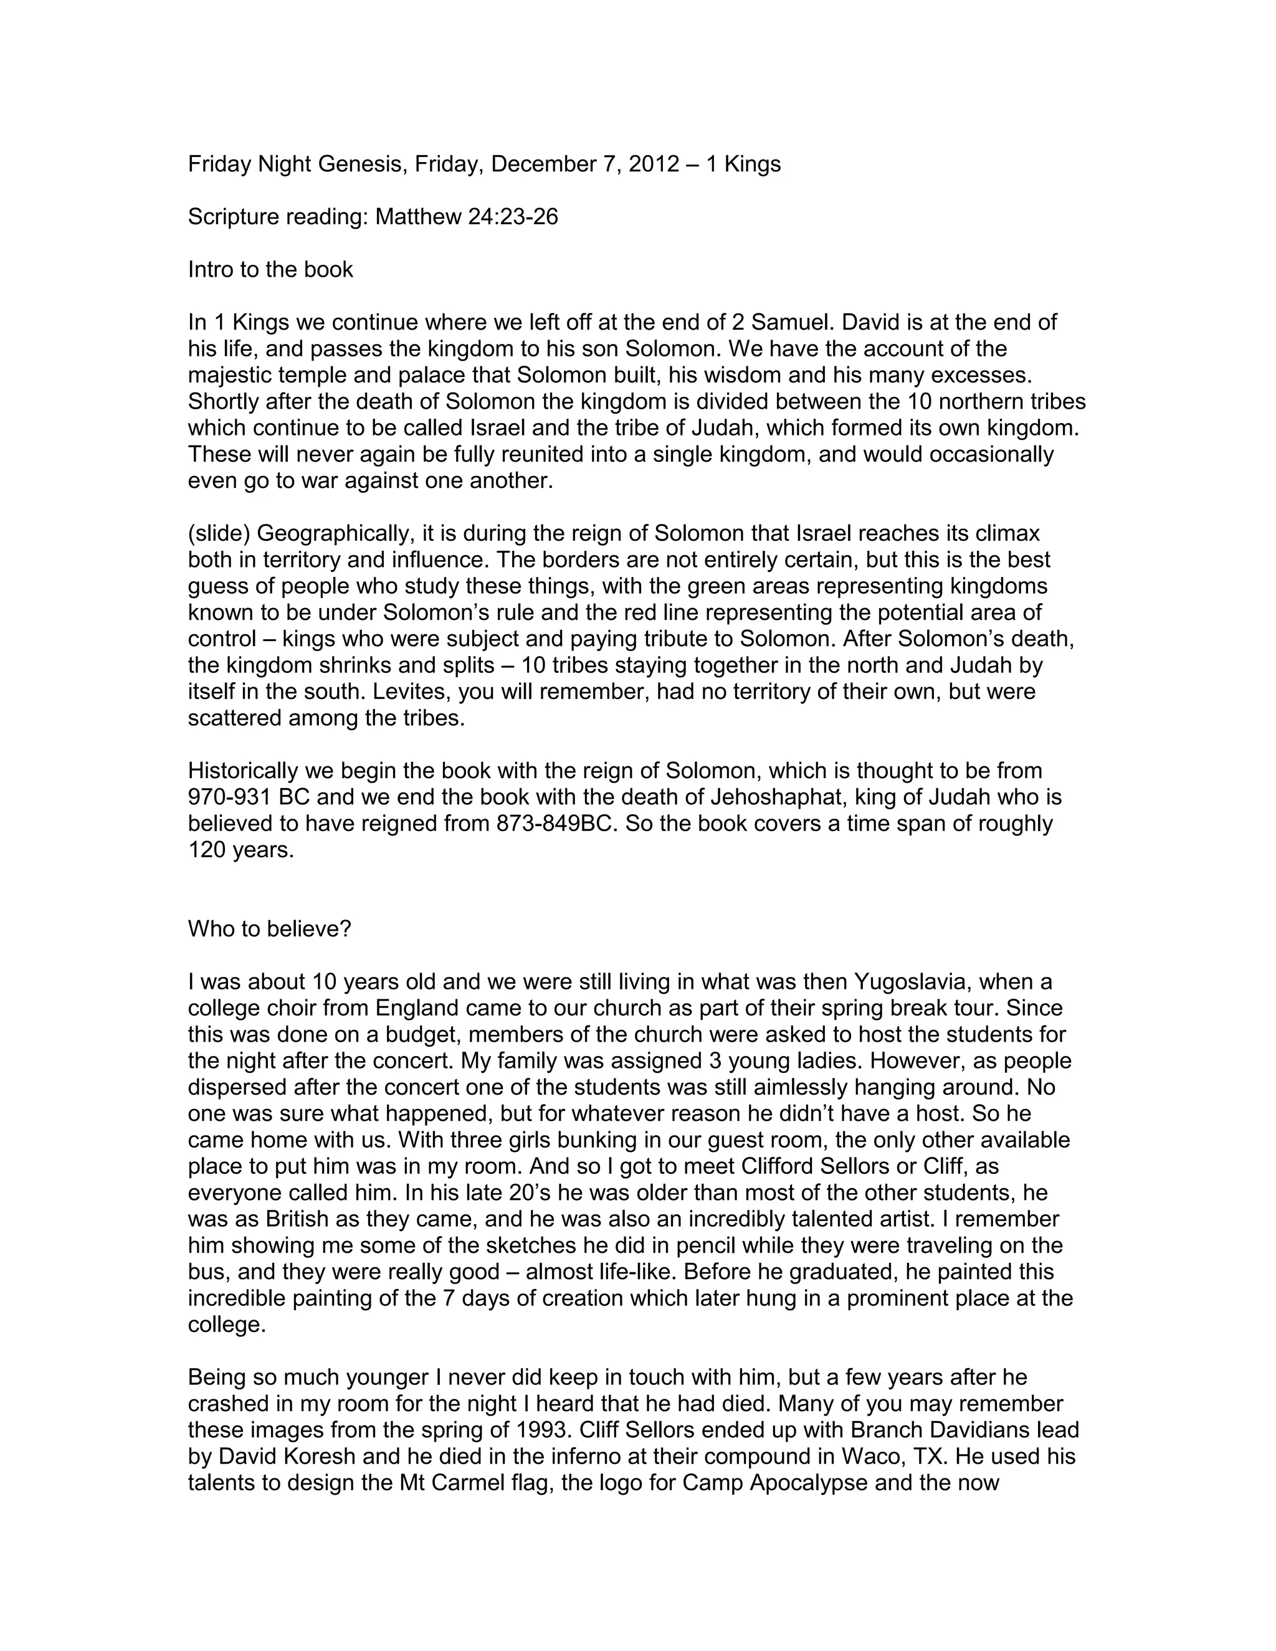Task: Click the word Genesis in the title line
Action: tap(352, 164)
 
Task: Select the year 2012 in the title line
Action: tap(654, 164)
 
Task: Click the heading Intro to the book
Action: tap(270, 270)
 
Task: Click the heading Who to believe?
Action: tap(270, 929)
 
